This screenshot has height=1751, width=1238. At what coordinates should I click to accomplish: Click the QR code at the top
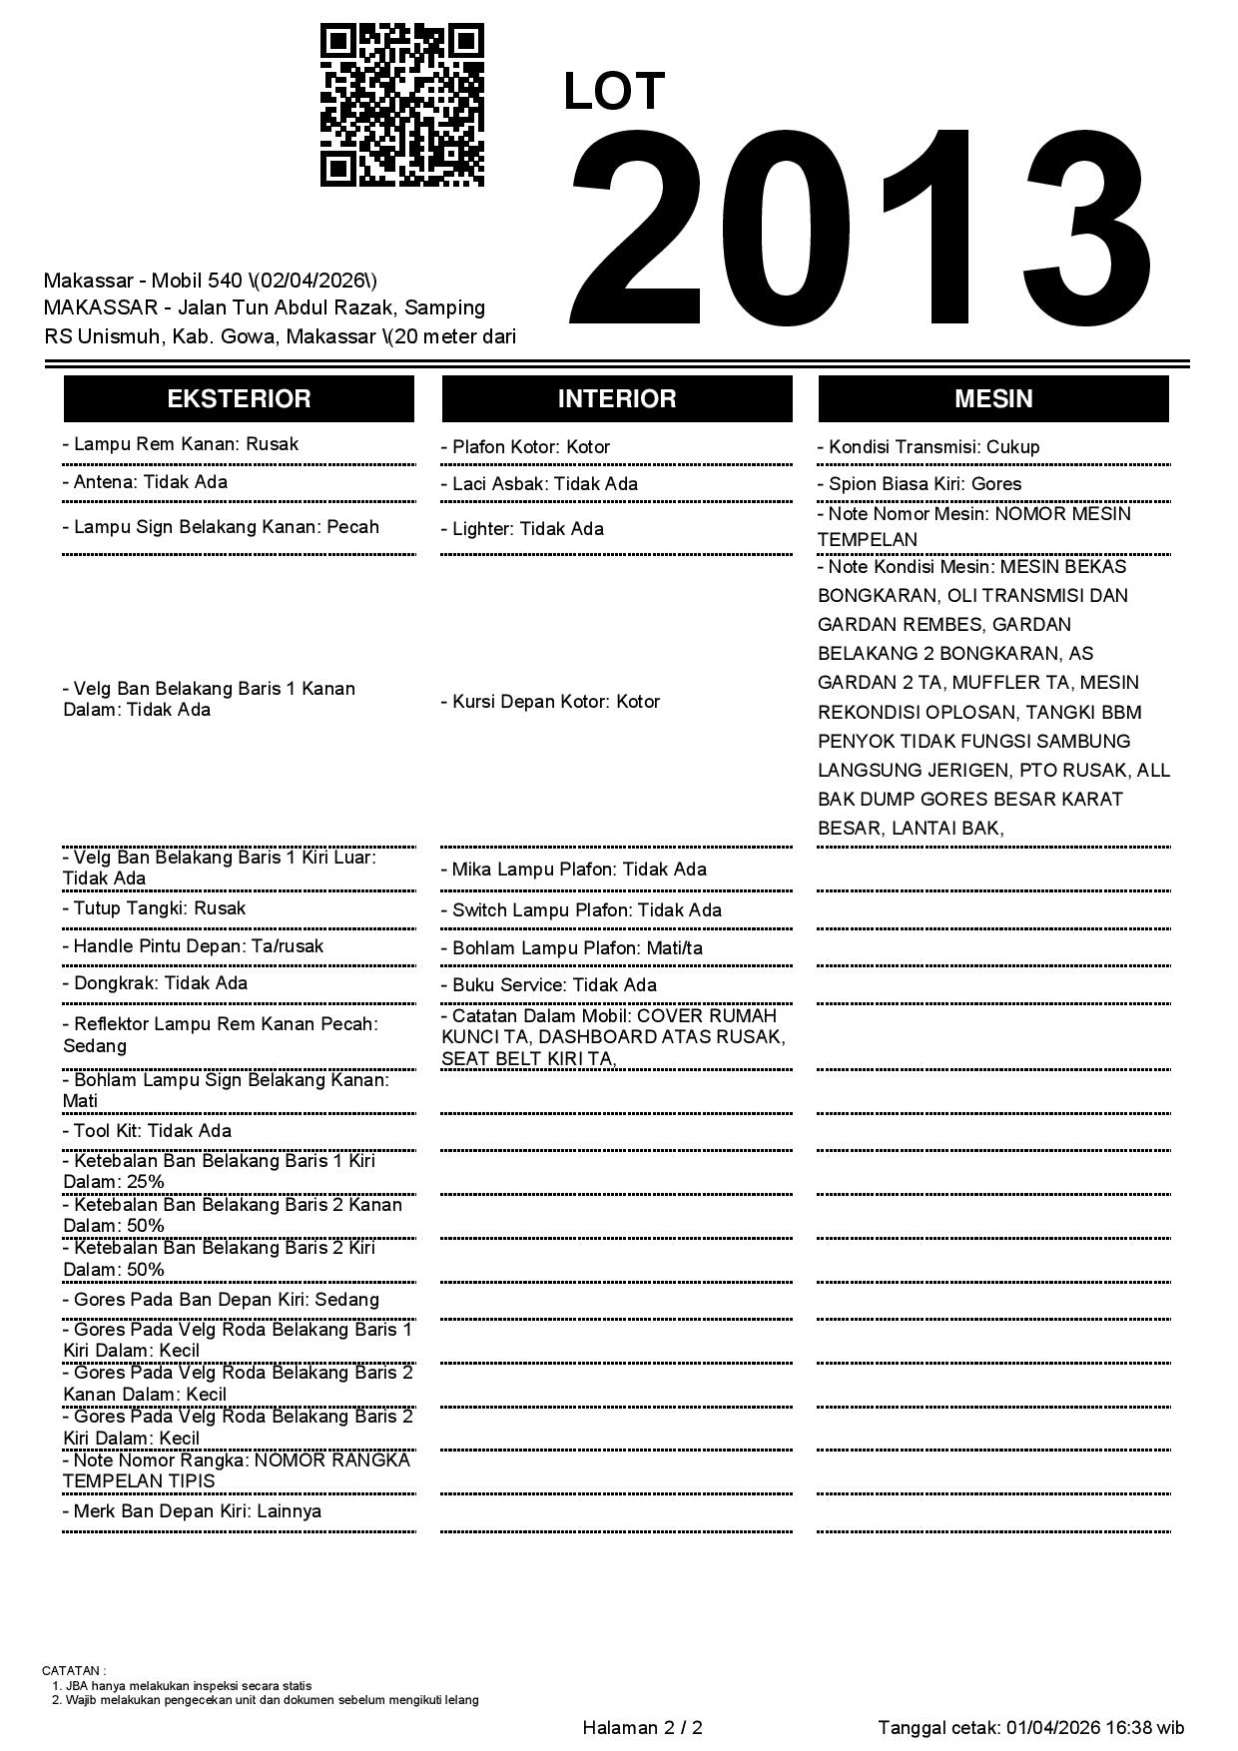(402, 105)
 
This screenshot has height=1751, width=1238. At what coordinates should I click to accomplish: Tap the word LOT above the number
(613, 92)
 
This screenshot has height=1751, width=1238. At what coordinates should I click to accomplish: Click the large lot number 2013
(861, 230)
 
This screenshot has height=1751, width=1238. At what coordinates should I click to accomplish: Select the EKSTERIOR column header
(239, 399)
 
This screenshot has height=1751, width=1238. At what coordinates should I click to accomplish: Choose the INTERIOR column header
(616, 399)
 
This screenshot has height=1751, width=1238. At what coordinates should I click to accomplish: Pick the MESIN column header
(992, 399)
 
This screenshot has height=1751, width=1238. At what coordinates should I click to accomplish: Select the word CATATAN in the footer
(72, 1670)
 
